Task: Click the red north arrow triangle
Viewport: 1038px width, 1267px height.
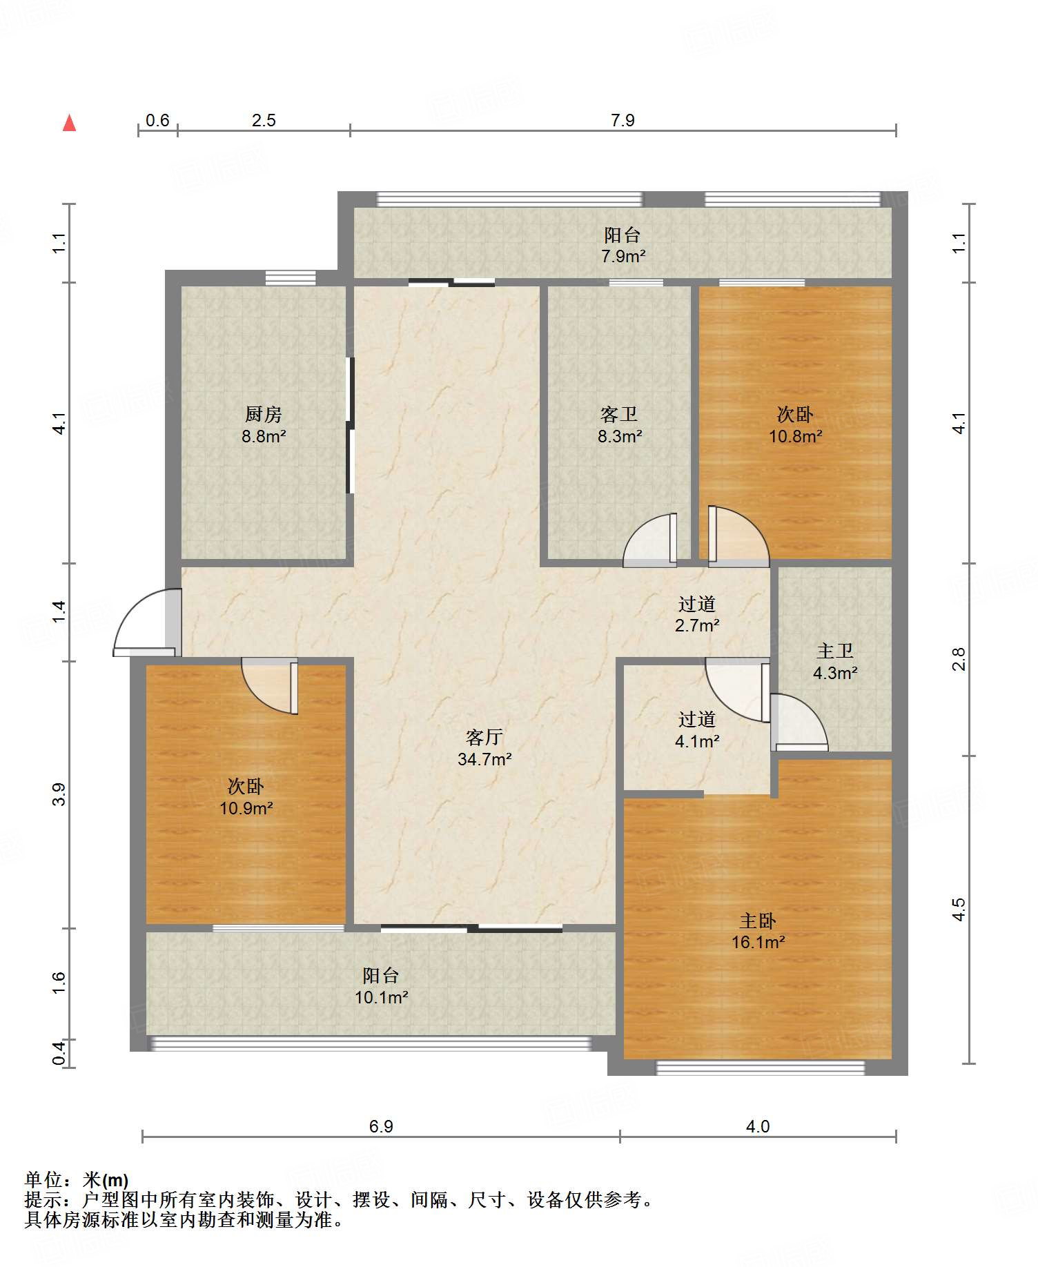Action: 70,123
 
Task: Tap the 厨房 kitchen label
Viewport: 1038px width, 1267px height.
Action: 264,414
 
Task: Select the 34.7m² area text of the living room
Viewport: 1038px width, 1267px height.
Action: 484,760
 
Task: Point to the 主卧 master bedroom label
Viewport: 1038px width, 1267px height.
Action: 758,921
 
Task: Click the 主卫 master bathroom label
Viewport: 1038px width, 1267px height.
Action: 835,651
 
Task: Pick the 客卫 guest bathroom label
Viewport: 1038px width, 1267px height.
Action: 619,414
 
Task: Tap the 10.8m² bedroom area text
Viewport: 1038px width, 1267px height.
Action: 796,436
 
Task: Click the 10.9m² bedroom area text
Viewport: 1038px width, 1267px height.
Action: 246,808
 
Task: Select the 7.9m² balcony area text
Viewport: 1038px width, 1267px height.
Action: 623,257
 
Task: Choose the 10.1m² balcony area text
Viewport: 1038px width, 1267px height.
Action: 382,997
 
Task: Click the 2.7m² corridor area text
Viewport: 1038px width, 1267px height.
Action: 697,626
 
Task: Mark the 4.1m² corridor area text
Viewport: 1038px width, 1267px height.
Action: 697,741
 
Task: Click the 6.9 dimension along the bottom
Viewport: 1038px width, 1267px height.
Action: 381,1126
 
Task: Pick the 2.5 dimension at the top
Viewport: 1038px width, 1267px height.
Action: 264,121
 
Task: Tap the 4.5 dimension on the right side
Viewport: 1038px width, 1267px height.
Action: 959,910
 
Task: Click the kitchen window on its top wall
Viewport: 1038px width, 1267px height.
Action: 291,277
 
